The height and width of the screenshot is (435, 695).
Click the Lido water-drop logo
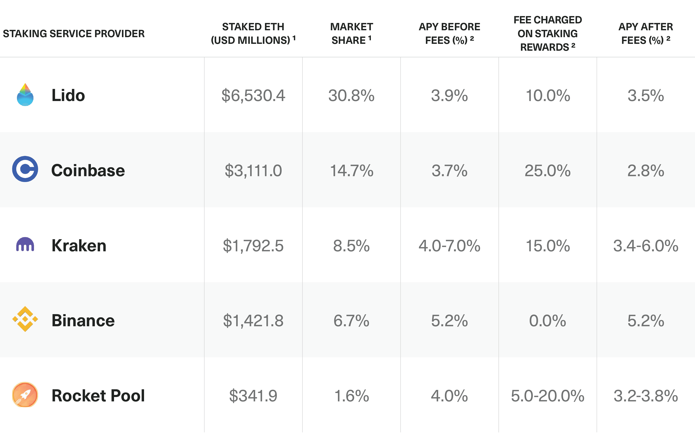(x=25, y=95)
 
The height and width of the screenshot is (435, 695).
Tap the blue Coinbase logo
(x=25, y=169)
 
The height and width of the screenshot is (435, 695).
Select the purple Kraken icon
(x=25, y=245)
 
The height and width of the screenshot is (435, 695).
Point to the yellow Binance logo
(x=25, y=319)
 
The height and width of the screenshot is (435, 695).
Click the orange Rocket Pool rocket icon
(x=25, y=395)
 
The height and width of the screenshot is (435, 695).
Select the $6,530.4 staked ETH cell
(x=253, y=96)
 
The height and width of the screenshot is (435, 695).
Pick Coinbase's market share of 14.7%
(x=351, y=171)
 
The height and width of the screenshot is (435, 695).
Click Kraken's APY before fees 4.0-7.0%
(x=449, y=246)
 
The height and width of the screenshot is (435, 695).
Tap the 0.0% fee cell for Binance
(x=547, y=321)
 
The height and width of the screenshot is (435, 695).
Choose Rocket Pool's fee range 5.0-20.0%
(x=547, y=396)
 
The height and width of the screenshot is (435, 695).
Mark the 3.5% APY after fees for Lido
(x=646, y=96)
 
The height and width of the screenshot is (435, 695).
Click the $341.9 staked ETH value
(x=253, y=396)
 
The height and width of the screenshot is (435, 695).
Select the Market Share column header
(x=351, y=33)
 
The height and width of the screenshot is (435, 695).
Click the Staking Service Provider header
(x=74, y=34)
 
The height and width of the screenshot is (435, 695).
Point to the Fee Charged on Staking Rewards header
(x=547, y=33)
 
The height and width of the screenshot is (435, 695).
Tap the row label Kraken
(x=79, y=246)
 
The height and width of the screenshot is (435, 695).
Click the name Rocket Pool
(x=98, y=396)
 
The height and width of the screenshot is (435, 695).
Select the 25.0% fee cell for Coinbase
(x=547, y=171)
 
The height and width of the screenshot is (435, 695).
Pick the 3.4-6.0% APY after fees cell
(x=646, y=246)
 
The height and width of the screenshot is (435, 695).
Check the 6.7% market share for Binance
(x=351, y=321)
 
